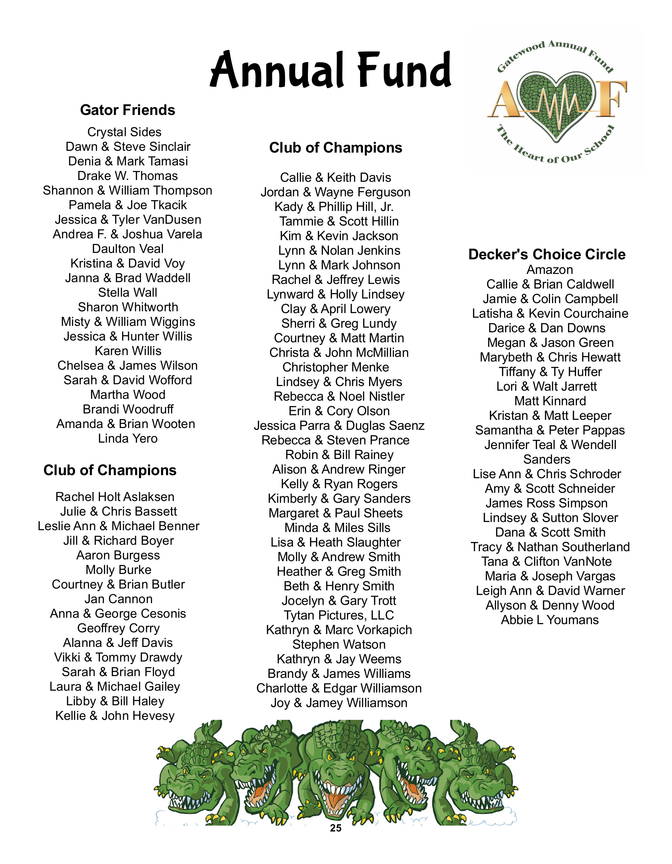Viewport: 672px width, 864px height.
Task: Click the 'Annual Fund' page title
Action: coord(331,70)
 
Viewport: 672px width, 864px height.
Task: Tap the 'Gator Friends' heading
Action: coord(127,110)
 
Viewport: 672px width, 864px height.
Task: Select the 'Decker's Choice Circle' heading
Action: coord(547,254)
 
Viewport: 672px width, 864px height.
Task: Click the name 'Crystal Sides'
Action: coord(124,132)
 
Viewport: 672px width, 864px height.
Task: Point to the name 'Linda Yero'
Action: coord(128,438)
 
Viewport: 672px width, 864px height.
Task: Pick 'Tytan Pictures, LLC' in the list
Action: coord(339,615)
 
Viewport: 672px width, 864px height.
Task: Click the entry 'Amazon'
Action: coord(549,270)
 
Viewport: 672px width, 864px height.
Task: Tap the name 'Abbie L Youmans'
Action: coord(549,620)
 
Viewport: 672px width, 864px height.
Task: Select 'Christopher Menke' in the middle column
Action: coord(335,367)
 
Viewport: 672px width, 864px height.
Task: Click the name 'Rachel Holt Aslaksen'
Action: coord(115,497)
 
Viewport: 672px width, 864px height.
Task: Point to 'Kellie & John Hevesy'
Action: coord(115,716)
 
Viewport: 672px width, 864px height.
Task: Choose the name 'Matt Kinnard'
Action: coord(550,401)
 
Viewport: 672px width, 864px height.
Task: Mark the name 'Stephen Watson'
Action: coord(339,644)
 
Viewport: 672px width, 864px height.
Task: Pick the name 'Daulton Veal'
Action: coord(127,249)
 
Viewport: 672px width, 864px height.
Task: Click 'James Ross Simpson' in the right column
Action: coord(546,503)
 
